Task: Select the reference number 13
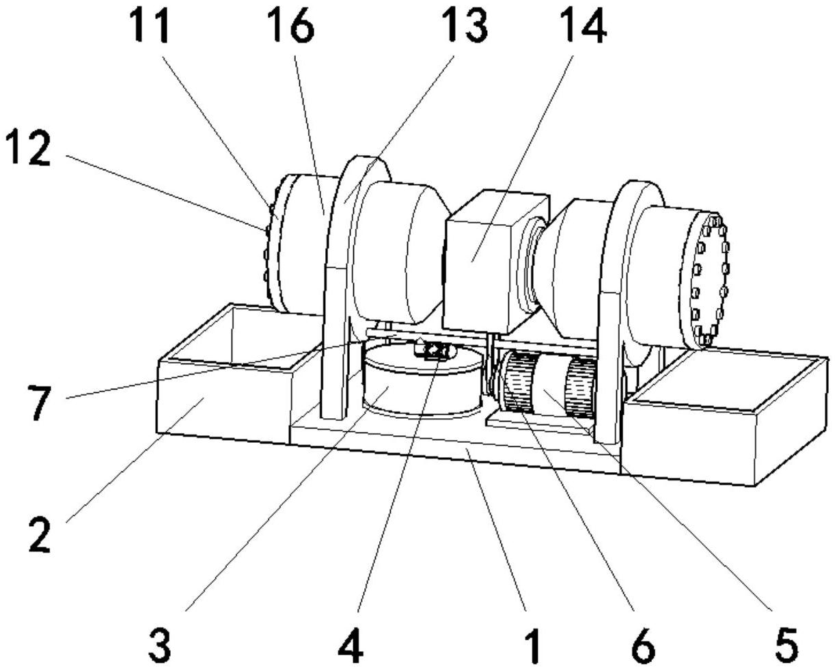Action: click(x=465, y=27)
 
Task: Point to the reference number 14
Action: click(x=583, y=27)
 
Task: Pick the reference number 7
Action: click(x=39, y=402)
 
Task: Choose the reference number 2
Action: click(x=39, y=534)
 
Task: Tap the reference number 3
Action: click(x=159, y=644)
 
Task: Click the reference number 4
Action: click(x=351, y=644)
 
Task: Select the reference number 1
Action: click(x=532, y=644)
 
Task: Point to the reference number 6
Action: click(x=642, y=644)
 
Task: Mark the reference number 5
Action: click(x=786, y=644)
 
